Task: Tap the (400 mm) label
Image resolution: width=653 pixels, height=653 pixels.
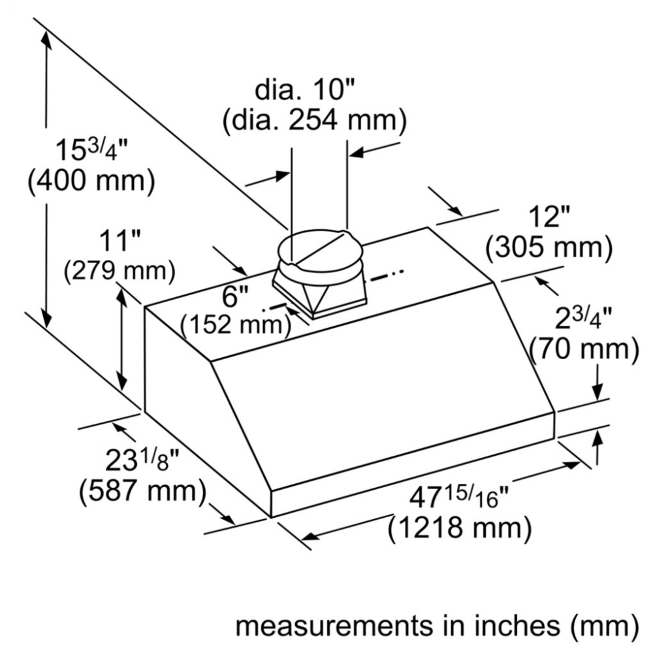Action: pyautogui.click(x=91, y=181)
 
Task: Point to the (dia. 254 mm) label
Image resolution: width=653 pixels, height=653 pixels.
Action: pyautogui.click(x=314, y=120)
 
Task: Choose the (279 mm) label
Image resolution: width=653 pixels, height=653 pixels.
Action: pyautogui.click(x=119, y=271)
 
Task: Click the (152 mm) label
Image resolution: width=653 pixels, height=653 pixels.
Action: pyautogui.click(x=236, y=324)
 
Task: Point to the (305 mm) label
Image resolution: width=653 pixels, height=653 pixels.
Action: pyautogui.click(x=549, y=247)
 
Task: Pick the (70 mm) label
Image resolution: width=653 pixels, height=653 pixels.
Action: pyautogui.click(x=584, y=349)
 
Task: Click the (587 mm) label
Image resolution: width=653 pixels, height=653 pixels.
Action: pyautogui.click(x=143, y=492)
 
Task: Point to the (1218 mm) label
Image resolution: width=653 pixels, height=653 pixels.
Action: pyautogui.click(x=460, y=528)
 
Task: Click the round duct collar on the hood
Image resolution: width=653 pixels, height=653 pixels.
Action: pyautogui.click(x=319, y=251)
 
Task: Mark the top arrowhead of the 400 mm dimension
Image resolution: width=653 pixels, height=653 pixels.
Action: pyautogui.click(x=46, y=39)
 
